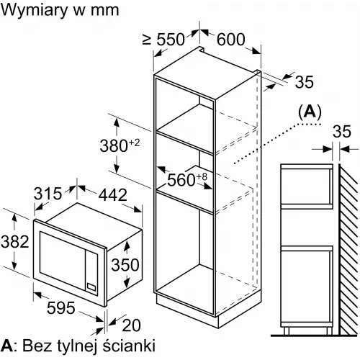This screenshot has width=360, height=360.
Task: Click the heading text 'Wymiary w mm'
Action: pos(60,11)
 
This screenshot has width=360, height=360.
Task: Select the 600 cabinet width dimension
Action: pos(231,40)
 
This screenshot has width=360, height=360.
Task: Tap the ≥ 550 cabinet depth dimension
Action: pos(163,40)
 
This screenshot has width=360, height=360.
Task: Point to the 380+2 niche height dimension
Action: pos(120,145)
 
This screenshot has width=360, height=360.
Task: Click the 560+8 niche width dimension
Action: pos(187,179)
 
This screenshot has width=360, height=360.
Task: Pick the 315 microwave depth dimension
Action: pos(48,194)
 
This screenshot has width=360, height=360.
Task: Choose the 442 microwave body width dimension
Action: pos(113,195)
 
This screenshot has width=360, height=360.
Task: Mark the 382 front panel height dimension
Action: pos(15,241)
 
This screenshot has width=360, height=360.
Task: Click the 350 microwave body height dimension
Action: pos(125,264)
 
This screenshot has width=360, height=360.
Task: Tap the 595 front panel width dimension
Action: pos(61,307)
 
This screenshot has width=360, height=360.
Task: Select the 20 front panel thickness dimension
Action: pos(131,325)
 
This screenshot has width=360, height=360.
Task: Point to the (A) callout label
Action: pos(310,112)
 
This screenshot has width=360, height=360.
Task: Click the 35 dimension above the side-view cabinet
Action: pos(342,131)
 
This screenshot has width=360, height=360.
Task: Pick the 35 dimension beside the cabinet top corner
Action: pos(304,81)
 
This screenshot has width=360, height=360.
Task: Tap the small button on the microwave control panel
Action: pos(91,287)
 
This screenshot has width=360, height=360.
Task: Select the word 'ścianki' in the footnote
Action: pos(129,346)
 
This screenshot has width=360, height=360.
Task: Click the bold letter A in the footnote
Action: pos(6,346)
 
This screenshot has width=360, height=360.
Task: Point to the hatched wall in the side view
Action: pos(349,249)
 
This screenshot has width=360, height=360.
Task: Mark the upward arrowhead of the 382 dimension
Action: pos(14,217)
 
